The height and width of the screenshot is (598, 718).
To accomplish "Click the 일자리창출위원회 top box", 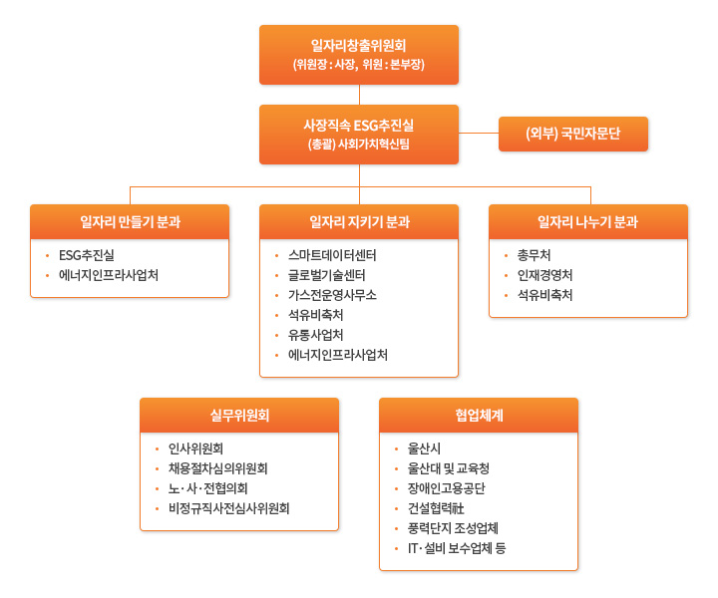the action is pos(359,55).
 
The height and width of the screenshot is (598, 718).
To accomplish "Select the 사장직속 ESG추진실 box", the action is pos(359,135).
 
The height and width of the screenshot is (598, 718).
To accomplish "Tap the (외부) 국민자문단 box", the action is pos(572,134).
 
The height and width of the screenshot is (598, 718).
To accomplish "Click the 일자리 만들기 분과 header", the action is pos(130,222).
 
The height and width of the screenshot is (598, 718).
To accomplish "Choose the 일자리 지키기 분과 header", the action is pos(359,222).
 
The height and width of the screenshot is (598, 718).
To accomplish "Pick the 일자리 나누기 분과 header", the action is pos(588,222).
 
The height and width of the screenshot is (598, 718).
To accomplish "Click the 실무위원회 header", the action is pos(239,416).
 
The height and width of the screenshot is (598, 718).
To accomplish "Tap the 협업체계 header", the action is pos(479,416).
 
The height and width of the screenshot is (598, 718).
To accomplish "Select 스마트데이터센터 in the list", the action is pos(332,255).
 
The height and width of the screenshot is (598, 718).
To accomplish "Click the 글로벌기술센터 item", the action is pos(326,275).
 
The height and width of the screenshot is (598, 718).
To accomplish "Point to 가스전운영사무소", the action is pos(332,295).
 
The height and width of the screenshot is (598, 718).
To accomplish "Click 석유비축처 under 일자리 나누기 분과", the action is pos(544,295).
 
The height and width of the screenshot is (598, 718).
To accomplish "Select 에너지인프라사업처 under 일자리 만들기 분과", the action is pos(109,275).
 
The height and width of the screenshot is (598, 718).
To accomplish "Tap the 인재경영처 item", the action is pos(544,275).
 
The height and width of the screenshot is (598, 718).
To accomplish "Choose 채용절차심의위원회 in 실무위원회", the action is pos(218,468).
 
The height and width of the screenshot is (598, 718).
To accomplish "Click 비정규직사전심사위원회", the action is pos(229,508).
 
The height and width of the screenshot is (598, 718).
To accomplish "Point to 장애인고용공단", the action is pos(447,488).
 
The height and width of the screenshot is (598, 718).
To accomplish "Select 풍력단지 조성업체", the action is pos(453,528).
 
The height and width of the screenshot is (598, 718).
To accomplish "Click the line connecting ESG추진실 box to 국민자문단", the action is pos(479,134).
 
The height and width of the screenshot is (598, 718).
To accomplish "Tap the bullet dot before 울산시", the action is pos(397,449).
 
